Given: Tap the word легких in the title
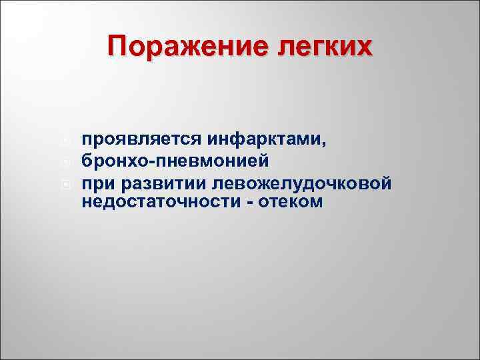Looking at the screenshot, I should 321,48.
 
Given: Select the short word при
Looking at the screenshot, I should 95,182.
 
